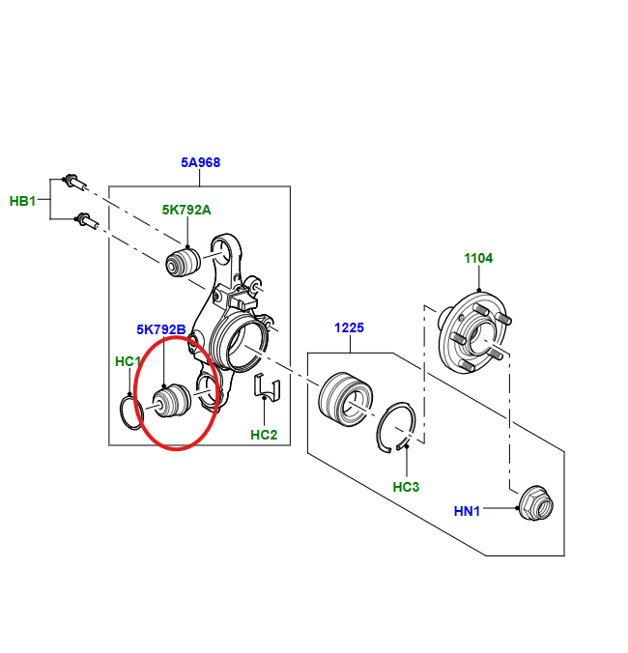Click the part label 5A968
[200, 162]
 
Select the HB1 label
[22, 201]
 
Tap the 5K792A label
[186, 210]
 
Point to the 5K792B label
[161, 329]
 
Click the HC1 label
[128, 361]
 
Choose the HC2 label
[264, 435]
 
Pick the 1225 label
[349, 327]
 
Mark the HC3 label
[406, 487]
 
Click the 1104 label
[478, 258]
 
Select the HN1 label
[467, 511]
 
